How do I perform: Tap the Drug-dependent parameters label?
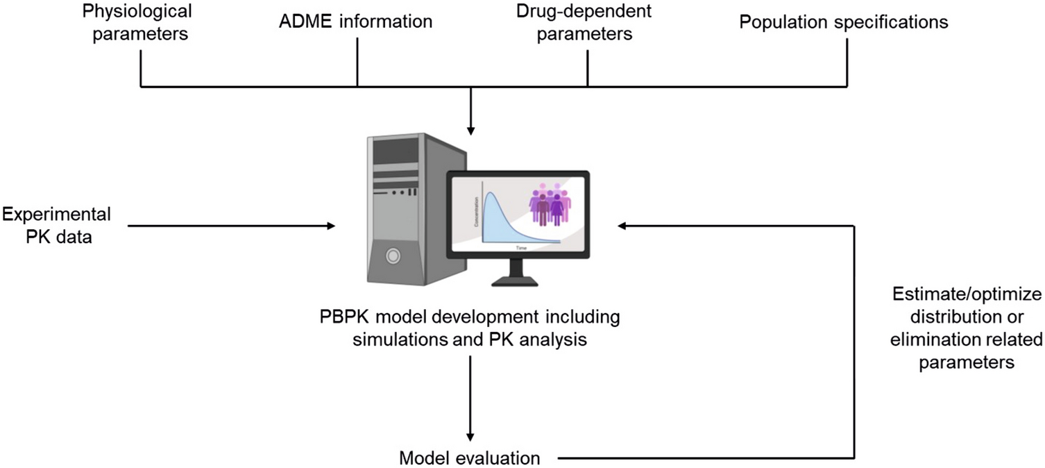tap(574, 22)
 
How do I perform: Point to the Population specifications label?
tap(843, 22)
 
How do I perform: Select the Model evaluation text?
tap(469, 458)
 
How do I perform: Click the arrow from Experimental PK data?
tap(229, 224)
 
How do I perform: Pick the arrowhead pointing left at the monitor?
tap(623, 224)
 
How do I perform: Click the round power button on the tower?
tap(393, 256)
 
